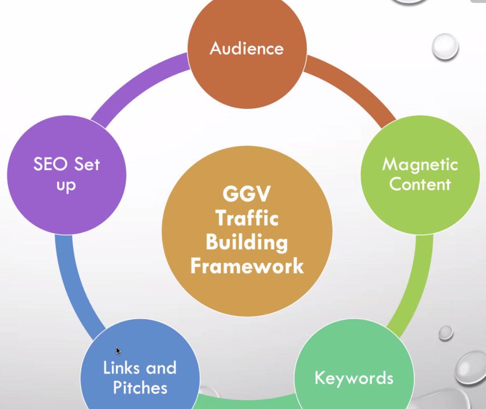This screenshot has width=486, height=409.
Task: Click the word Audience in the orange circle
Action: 247,49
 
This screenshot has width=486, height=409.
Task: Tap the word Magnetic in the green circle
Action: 420,165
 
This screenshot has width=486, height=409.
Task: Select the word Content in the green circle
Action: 420,184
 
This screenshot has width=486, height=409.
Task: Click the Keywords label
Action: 354,378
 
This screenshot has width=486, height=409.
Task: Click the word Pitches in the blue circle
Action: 140,388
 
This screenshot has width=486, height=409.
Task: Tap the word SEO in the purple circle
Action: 50,164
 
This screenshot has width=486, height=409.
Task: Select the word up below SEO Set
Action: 66,185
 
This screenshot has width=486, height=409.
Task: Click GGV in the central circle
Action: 247,193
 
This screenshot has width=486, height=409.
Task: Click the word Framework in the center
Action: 247,266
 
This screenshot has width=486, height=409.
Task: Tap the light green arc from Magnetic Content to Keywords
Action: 417,282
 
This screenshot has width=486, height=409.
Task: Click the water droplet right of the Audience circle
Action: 445,46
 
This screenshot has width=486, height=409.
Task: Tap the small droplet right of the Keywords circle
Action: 445,332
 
